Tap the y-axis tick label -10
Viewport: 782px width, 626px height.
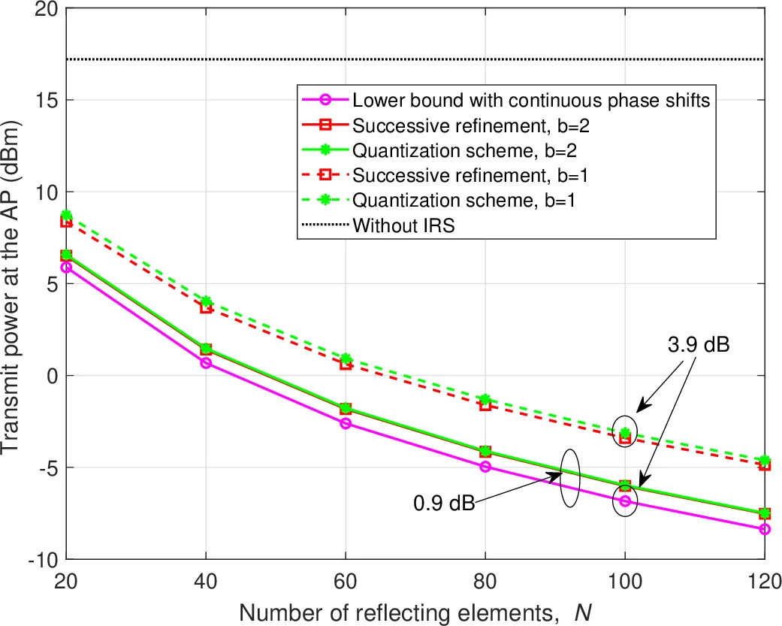[39, 559]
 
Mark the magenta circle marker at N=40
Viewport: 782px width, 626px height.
[206, 363]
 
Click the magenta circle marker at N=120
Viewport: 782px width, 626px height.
[765, 529]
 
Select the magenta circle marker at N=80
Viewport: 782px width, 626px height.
[485, 467]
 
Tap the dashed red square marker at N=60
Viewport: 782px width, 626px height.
[346, 364]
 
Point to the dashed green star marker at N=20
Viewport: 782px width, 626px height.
[66, 215]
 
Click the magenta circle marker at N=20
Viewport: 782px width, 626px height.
[66, 268]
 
